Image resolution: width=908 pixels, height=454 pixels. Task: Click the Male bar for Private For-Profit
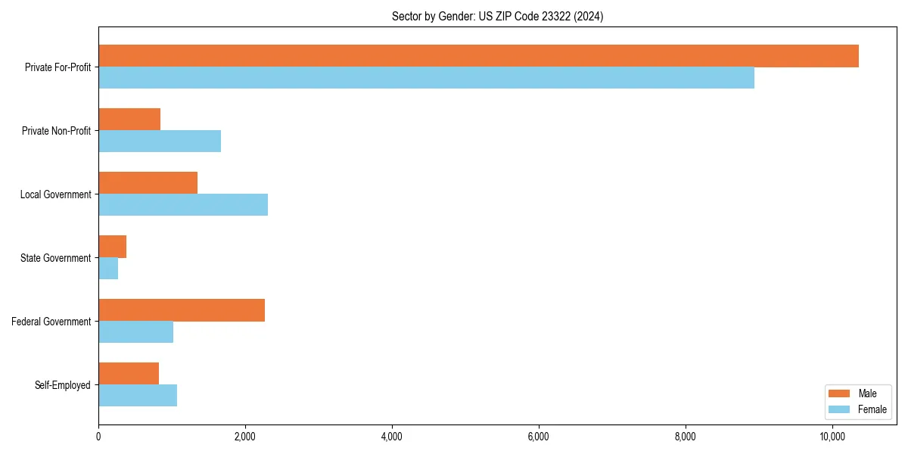(478, 56)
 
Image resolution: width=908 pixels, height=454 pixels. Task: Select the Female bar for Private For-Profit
(426, 78)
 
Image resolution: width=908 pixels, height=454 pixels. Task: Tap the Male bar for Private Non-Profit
(129, 120)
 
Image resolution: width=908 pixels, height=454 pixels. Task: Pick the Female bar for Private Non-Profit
(160, 141)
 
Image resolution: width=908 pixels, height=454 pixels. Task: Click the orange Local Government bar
(148, 183)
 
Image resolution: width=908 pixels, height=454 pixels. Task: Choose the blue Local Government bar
(183, 205)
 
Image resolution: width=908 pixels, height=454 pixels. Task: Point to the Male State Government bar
(112, 247)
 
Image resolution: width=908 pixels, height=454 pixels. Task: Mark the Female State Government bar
(108, 269)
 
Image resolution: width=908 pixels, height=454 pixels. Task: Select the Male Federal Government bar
(182, 310)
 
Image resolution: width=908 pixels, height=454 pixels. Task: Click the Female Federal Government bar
(135, 332)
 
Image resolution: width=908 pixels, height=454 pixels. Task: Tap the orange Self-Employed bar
(129, 374)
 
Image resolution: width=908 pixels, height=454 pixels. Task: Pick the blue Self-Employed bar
(138, 396)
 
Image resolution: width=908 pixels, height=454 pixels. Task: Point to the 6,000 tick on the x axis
(538, 437)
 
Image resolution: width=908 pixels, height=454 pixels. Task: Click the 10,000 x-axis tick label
(832, 437)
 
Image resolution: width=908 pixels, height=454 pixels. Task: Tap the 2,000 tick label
(244, 437)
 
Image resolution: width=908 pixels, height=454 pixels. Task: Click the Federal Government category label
(51, 322)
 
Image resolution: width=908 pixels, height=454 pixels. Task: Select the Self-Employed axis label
(63, 385)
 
